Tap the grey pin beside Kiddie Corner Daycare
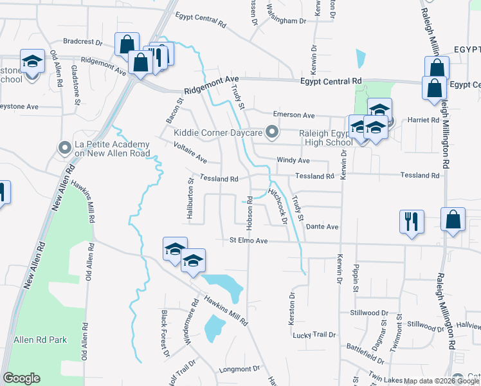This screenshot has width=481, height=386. point(272,133)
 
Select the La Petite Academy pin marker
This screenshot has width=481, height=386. point(64,149)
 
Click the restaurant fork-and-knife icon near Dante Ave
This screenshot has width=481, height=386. point(411,221)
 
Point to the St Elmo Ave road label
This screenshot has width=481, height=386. point(248,241)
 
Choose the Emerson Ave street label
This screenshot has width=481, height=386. point(294,115)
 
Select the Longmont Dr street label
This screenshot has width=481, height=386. point(239,369)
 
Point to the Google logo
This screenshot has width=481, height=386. point(21,378)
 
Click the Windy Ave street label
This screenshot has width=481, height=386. point(293,160)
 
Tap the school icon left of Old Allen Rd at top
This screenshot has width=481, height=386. point(32,62)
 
